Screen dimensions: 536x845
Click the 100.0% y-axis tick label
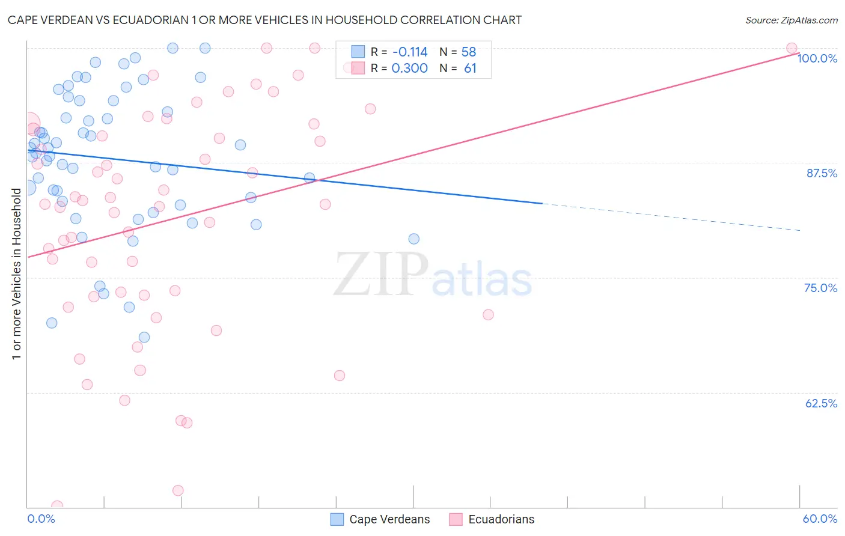(817, 58)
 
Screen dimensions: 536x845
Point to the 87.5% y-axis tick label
(822, 173)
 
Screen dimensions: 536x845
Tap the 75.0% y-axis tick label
(820, 288)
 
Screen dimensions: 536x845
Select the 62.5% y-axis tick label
(821, 403)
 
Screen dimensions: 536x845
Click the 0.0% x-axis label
(41, 519)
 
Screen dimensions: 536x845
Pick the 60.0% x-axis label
(820, 519)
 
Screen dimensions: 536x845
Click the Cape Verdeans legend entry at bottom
(380, 519)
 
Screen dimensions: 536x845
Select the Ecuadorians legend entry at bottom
(492, 519)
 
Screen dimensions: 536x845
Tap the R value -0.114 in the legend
(410, 52)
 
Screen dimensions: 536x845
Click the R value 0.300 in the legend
(410, 69)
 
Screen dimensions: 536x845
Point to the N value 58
(469, 52)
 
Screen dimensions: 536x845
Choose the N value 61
(470, 69)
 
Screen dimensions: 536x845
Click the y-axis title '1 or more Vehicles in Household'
(17, 274)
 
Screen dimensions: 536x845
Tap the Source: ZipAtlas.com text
(791, 20)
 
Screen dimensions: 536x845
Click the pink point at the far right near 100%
(792, 48)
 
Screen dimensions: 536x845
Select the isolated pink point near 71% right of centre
(488, 315)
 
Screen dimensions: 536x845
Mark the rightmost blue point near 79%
(413, 239)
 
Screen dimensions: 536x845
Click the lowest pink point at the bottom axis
(57, 506)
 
